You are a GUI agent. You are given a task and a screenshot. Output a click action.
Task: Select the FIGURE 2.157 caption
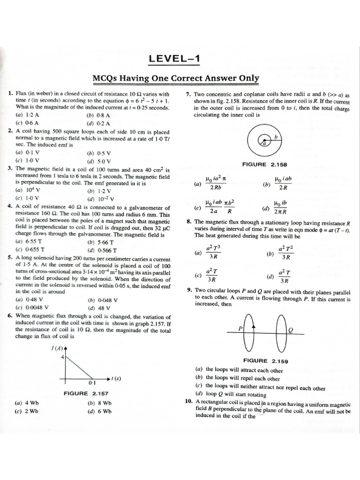click(x=86, y=393)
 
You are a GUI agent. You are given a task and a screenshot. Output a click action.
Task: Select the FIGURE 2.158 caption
click(x=265, y=165)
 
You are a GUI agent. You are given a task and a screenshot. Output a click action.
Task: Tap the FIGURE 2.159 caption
click(x=265, y=361)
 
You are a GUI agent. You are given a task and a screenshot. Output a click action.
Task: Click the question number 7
click(x=187, y=95)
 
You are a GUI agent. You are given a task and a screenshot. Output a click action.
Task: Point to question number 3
click(x=10, y=168)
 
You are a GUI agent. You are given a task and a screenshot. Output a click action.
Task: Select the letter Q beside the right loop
click(x=291, y=330)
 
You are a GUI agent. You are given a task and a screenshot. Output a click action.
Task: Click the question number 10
click(x=188, y=402)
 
